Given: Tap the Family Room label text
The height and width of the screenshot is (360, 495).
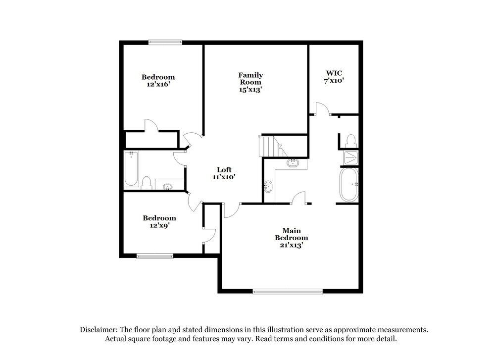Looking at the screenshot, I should pyautogui.click(x=250, y=82).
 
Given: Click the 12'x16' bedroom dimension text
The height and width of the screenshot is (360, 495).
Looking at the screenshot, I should pyautogui.click(x=158, y=84).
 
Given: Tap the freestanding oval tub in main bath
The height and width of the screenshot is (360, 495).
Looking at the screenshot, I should pyautogui.click(x=349, y=184).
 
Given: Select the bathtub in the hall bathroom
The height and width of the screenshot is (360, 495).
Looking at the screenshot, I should pyautogui.click(x=131, y=168).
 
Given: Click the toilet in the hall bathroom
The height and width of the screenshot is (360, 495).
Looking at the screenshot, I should pyautogui.click(x=146, y=183).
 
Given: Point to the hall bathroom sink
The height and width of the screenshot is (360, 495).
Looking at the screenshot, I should pyautogui.click(x=168, y=186).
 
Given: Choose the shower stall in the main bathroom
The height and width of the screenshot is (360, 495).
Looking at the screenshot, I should pyautogui.click(x=351, y=157).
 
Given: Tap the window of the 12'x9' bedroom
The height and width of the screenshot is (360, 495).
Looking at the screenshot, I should pyautogui.click(x=154, y=256).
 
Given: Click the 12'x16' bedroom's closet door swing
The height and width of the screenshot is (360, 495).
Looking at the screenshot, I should pyautogui.click(x=150, y=125).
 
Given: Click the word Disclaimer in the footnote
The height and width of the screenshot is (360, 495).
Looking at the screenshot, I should pyautogui.click(x=97, y=329).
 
